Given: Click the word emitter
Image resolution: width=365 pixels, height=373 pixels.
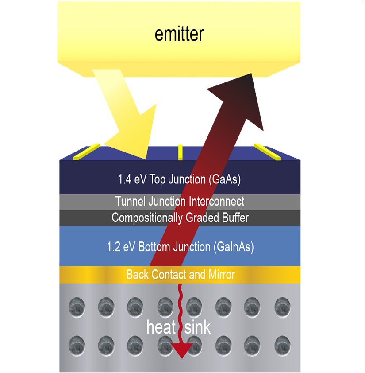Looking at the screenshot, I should tap(179, 34).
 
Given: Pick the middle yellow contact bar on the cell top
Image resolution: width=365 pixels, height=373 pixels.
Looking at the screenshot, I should tap(180, 152).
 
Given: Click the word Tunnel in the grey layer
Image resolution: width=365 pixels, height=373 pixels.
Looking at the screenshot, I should tap(131, 202).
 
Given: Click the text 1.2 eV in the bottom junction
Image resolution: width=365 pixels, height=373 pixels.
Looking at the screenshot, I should tap(120, 247).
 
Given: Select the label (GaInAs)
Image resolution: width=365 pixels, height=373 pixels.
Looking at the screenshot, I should tap(232, 247).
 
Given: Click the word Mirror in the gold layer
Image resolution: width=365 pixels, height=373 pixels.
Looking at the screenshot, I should tap(221, 275).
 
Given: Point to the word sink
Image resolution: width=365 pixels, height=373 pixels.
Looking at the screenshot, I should tap(198, 328).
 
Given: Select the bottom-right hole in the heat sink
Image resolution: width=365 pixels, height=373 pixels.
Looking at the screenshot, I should tap(282, 344).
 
